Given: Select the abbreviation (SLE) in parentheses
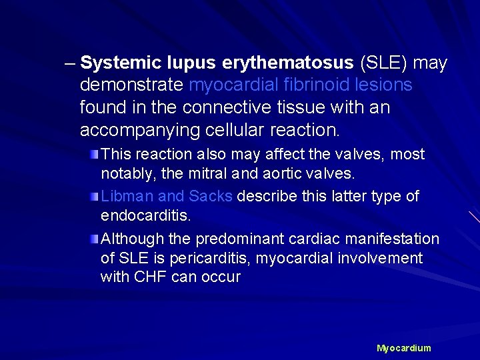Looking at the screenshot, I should tap(385, 63).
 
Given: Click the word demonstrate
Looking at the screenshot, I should tap(132, 85).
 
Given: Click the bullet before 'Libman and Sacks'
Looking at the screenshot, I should tap(96, 197).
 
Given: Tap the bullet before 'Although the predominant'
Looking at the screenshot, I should tap(96, 239).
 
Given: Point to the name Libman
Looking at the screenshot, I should tap(123, 197).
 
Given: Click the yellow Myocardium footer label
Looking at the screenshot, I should tap(403, 348).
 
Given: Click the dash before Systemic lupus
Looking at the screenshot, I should tap(69, 64).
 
